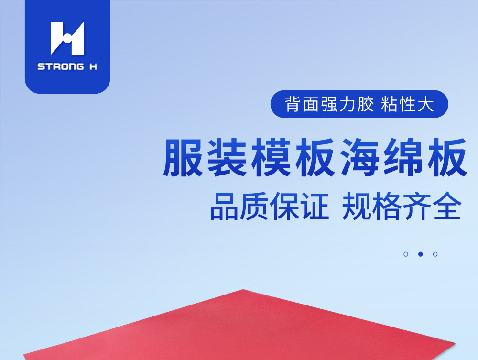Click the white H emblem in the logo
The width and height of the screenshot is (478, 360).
[x=67, y=38]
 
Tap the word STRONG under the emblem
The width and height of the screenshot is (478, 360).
[x=61, y=66]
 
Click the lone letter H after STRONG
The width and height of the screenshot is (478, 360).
[x=93, y=66]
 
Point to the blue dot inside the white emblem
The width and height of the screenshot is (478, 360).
[x=67, y=38]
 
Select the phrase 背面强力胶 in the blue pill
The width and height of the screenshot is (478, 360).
[x=329, y=104]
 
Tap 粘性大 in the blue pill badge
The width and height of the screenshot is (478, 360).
[x=408, y=104]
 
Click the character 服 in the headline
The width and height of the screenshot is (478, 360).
[x=184, y=158]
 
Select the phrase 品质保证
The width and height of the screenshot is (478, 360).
[x=270, y=206]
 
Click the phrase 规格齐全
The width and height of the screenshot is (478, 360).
[x=402, y=206]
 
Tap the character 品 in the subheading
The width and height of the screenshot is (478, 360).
[x=224, y=206]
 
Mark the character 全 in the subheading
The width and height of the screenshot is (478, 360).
[x=447, y=206]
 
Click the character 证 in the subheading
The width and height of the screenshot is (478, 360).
[x=315, y=206]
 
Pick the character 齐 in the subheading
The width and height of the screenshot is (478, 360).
[x=417, y=206]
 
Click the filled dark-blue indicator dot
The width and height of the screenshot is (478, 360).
[x=420, y=254]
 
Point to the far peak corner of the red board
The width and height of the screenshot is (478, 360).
[x=243, y=290]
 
